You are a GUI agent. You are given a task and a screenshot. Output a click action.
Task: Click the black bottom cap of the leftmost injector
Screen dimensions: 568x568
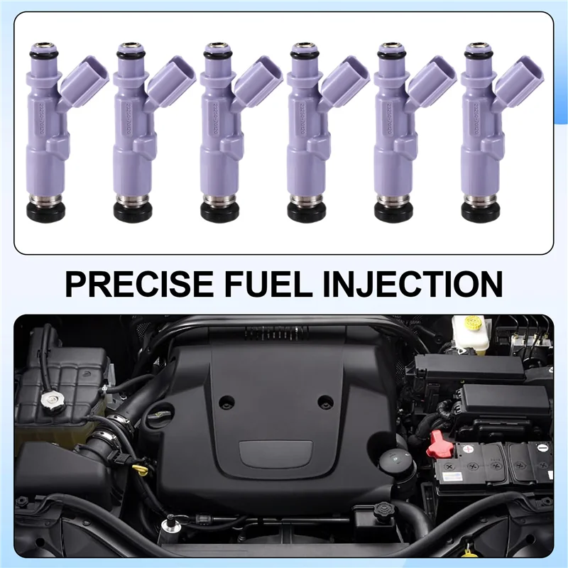(47, 212)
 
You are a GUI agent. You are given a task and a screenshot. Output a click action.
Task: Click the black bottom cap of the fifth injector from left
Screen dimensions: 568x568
(393, 212)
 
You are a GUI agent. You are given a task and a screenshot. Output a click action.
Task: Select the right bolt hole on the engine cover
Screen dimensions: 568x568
(325, 401)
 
